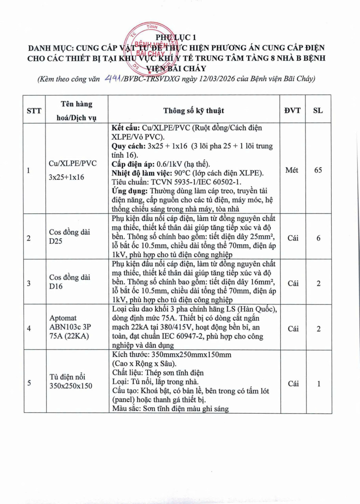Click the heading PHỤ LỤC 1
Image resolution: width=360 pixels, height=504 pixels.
[176, 37]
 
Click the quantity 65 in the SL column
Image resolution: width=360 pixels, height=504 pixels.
[318, 170]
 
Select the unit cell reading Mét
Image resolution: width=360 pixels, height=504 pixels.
[293, 170]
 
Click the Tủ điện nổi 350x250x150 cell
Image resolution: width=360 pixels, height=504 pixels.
[71, 381]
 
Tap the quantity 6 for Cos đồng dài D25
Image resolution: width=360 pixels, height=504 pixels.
[318, 238]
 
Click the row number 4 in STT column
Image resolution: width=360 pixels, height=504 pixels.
[29, 329]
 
